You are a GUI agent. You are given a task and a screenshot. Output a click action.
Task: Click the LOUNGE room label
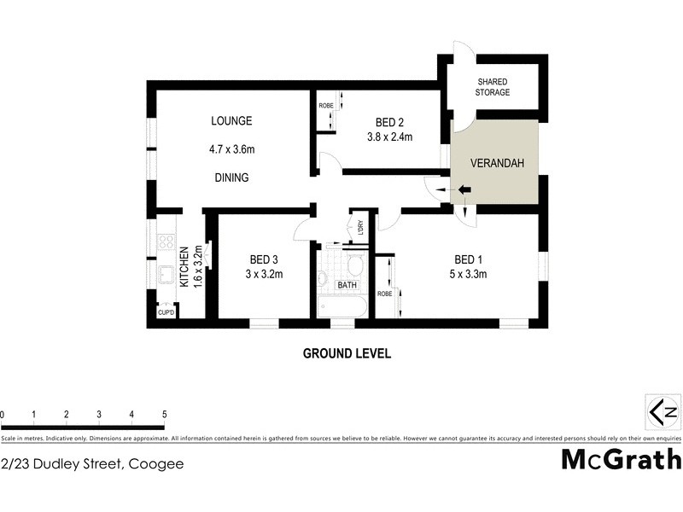pyautogui.click(x=231, y=121)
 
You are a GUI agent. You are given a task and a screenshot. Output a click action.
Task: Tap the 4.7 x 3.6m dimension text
pyautogui.click(x=232, y=150)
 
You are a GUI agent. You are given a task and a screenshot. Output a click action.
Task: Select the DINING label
pyautogui.click(x=231, y=178)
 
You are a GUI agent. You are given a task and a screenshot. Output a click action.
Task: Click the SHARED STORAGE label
pyautogui.click(x=493, y=87)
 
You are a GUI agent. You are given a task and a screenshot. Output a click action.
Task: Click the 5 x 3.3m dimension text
pyautogui.click(x=467, y=274)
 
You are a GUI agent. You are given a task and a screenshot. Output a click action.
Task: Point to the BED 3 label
pyautogui.click(x=264, y=259)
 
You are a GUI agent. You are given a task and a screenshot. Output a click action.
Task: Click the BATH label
pyautogui.click(x=347, y=285)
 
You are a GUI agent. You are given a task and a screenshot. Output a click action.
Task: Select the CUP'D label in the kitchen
pyautogui.click(x=166, y=313)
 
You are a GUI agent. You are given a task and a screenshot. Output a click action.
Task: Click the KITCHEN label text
pyautogui.click(x=184, y=265)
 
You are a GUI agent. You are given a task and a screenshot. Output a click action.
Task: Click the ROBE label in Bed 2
pyautogui.click(x=325, y=105)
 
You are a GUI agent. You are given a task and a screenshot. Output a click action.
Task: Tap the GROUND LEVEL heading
pyautogui.click(x=347, y=353)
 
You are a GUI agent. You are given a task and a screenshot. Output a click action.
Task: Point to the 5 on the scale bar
pyautogui.click(x=164, y=415)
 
